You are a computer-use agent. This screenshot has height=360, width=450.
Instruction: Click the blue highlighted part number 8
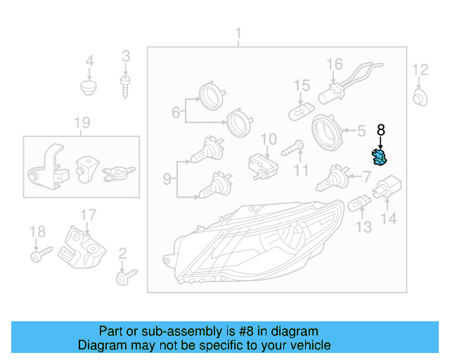tap(380, 158)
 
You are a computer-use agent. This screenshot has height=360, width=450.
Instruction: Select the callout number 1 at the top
tap(238, 33)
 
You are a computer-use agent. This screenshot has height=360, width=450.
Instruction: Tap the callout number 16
tap(335, 65)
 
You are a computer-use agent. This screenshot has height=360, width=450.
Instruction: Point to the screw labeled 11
tap(293, 150)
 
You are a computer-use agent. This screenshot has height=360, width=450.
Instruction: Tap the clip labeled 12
tap(419, 96)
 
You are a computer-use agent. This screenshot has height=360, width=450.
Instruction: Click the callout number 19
tap(83, 124)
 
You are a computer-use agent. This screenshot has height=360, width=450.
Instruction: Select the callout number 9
tap(167, 179)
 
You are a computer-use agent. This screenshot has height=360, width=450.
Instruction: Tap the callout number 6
tap(176, 112)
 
